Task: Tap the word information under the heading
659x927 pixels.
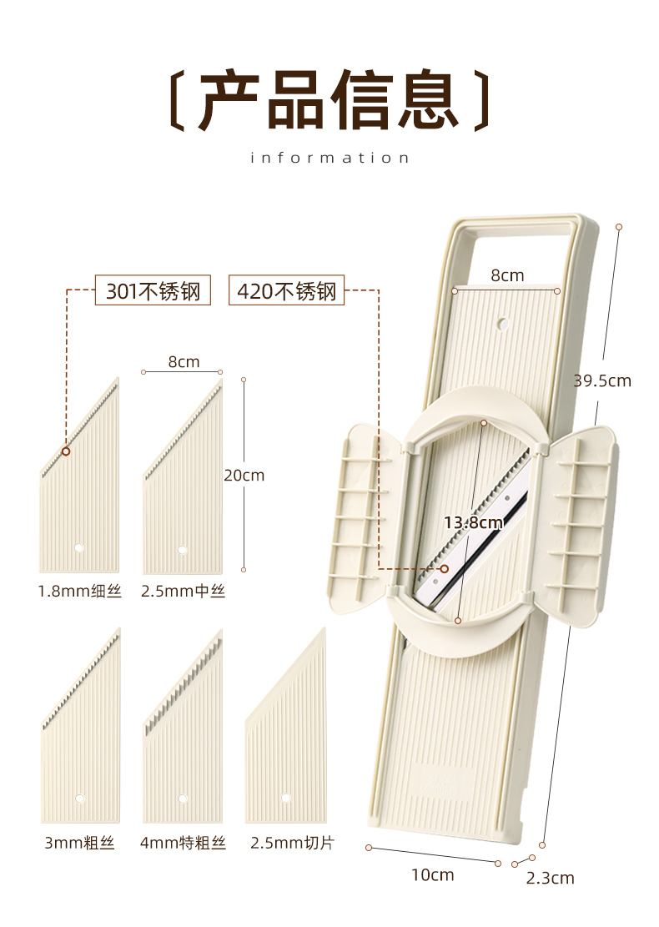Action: [x=329, y=158]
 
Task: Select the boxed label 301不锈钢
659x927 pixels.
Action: [x=153, y=291]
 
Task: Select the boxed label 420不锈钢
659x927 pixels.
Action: [x=286, y=291]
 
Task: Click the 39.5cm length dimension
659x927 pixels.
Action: [x=602, y=381]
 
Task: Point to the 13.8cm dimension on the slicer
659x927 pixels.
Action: [x=473, y=523]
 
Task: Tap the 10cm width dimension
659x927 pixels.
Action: [x=432, y=874]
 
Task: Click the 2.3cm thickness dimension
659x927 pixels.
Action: [x=551, y=878]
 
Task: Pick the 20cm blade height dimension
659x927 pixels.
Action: [x=244, y=476]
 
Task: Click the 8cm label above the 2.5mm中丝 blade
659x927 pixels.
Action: [x=184, y=361]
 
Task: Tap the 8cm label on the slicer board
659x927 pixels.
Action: [x=506, y=275]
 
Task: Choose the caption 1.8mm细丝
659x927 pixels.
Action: [x=79, y=592]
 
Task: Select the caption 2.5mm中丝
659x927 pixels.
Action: [x=183, y=592]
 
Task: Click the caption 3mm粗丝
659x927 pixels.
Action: [x=79, y=843]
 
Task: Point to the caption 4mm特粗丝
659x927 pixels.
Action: [x=183, y=843]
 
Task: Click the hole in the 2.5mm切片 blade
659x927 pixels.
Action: [x=285, y=799]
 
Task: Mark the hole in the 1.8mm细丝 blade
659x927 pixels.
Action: [x=78, y=548]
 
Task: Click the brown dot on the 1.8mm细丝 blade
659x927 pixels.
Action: [x=66, y=451]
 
